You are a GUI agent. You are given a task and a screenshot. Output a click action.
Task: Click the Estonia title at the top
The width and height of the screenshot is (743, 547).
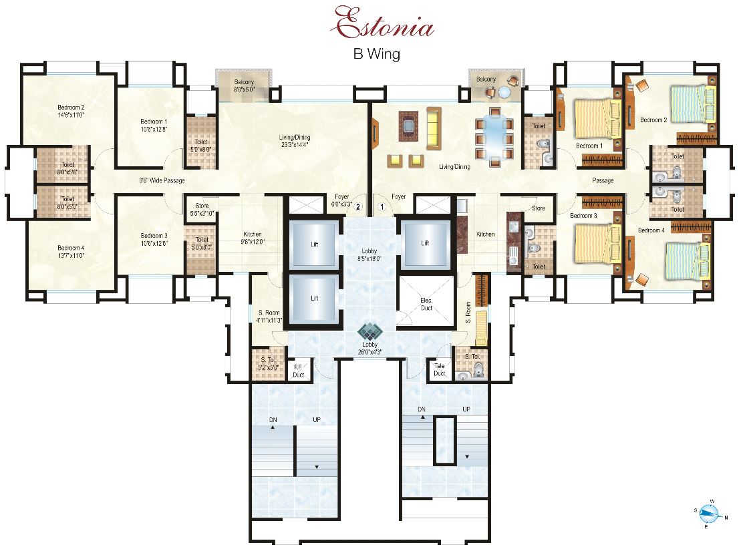(385, 25)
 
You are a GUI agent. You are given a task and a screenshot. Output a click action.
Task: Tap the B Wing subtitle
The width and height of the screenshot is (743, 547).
(376, 55)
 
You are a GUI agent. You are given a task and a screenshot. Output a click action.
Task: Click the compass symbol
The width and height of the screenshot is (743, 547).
(710, 514)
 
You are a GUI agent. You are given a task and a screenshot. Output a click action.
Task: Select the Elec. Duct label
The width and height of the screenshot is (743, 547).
(427, 305)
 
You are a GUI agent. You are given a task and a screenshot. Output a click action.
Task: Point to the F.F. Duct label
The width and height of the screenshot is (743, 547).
(299, 370)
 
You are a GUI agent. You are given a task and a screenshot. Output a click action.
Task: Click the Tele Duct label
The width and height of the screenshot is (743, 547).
(439, 370)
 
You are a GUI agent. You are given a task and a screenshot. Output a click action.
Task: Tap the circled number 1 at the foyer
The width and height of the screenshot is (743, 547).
(382, 207)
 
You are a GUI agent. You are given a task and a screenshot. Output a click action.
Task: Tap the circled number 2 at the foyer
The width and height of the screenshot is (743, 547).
(358, 207)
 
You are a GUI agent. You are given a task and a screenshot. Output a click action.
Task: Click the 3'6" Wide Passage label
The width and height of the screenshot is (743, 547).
(162, 180)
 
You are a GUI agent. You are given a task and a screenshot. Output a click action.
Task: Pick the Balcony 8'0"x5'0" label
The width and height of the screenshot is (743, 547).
(245, 85)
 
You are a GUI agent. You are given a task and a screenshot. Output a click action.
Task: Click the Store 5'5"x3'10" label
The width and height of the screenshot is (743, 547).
(202, 210)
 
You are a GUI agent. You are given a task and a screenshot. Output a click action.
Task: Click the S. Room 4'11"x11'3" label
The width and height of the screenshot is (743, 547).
(269, 317)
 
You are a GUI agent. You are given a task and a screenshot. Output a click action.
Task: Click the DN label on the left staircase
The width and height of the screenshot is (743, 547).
(273, 419)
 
